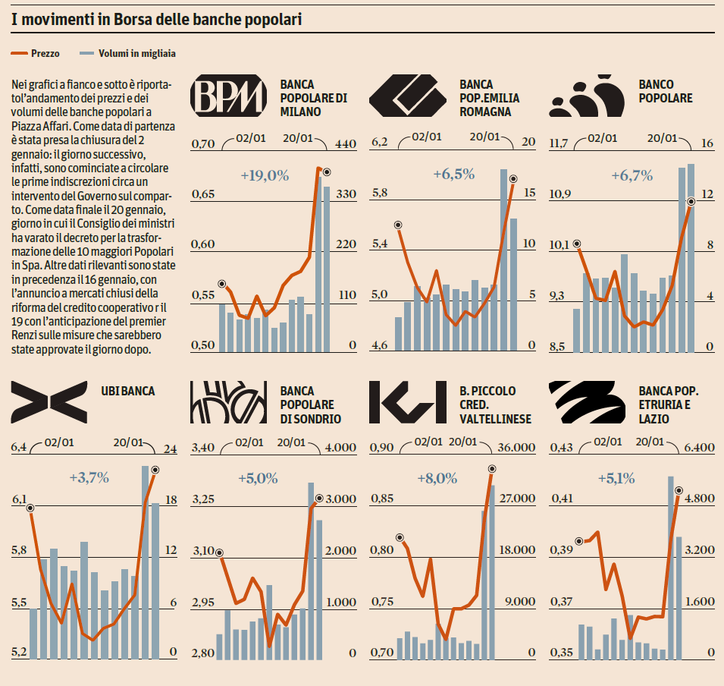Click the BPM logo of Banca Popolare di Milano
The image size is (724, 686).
[x=228, y=96]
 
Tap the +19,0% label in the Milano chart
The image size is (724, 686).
[x=265, y=176]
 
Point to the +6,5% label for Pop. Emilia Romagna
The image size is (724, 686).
[x=453, y=174]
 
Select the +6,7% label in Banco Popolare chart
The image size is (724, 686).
[x=632, y=176]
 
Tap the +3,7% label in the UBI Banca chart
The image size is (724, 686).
[x=89, y=478]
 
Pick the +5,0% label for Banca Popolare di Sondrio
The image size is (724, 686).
[x=257, y=479]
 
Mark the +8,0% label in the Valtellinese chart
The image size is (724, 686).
[x=437, y=479]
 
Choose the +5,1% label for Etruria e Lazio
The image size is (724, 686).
[x=616, y=479]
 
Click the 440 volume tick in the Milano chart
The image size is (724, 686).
[x=346, y=144]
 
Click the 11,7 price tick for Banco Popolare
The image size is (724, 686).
[x=559, y=143]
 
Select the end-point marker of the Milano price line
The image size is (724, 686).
[x=327, y=172]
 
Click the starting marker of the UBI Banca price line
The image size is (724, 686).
[x=30, y=507]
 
